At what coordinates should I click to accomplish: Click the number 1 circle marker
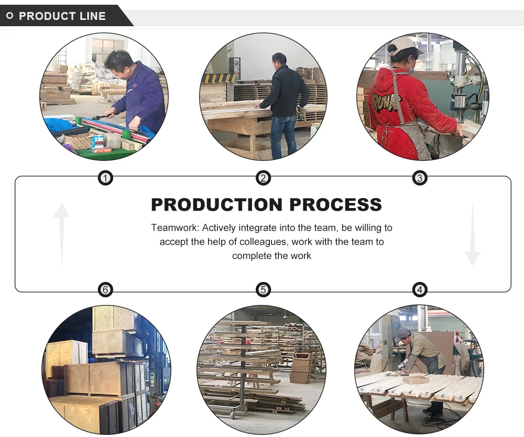tap(106, 179)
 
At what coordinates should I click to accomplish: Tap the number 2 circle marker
tap(263, 179)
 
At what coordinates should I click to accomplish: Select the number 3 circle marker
tap(419, 179)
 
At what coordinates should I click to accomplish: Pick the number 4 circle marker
tap(419, 289)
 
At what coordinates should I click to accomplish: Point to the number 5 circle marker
tap(263, 289)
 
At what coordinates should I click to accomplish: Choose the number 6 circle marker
tap(106, 289)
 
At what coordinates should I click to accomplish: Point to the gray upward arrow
tap(62, 234)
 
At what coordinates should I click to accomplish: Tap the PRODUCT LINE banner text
tap(62, 16)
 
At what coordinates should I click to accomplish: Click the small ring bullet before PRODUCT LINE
tap(9, 16)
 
